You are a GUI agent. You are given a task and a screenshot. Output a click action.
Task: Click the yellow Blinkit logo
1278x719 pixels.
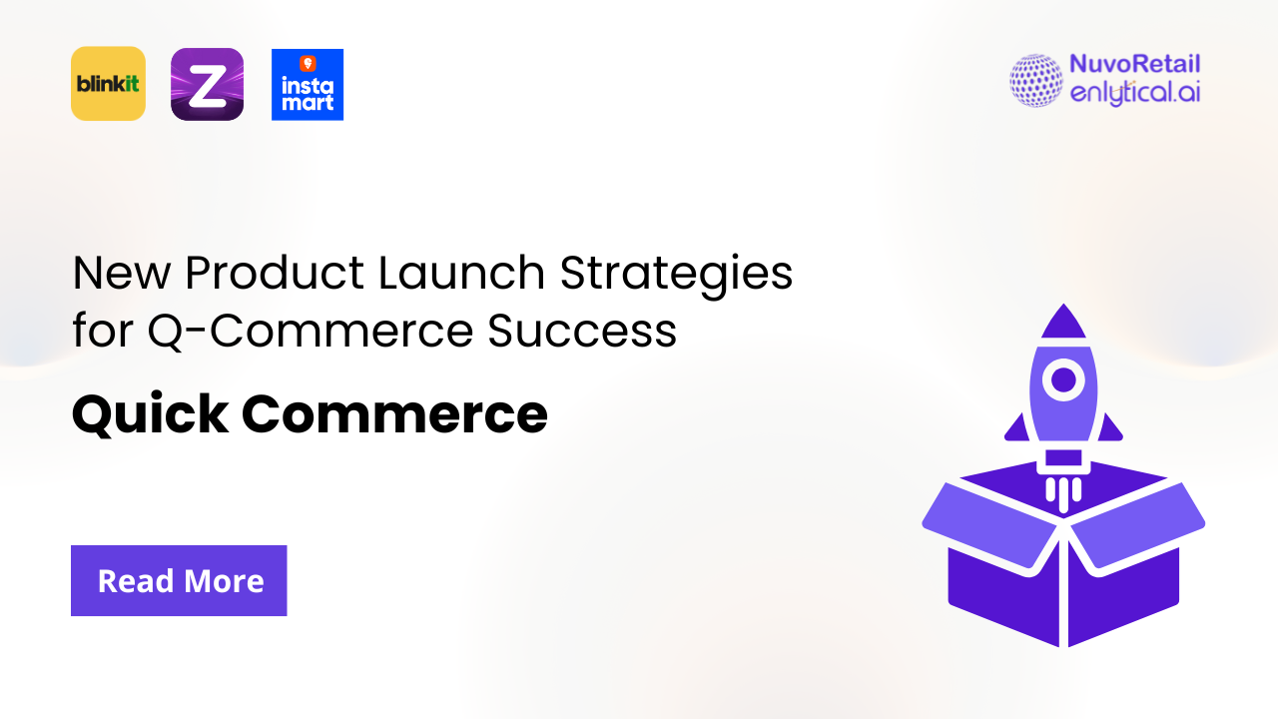108,84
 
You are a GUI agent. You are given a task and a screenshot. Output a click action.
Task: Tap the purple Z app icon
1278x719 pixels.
207,84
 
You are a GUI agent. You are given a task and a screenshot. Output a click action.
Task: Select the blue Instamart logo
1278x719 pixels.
308,85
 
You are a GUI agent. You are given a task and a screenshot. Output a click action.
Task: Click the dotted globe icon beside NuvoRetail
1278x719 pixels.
1036,81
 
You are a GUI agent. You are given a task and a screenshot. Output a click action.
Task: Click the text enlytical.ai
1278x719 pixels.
1134,93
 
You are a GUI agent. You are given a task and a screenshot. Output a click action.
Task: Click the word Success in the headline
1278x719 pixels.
582,332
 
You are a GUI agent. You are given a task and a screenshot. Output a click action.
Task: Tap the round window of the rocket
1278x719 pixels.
1064,379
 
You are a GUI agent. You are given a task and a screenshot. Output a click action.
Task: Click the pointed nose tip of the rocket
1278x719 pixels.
1063,312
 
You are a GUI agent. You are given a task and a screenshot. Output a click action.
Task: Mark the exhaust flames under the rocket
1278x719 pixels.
1064,492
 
